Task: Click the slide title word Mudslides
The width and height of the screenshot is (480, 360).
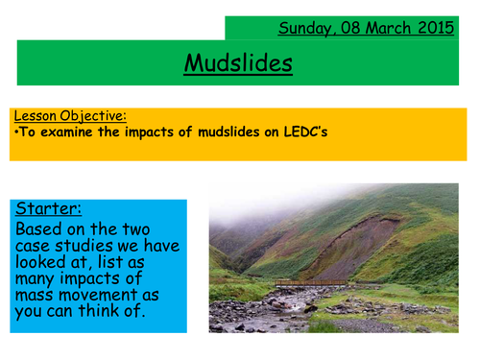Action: click(238, 64)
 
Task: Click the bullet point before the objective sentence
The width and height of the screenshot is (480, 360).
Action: click(16, 132)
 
